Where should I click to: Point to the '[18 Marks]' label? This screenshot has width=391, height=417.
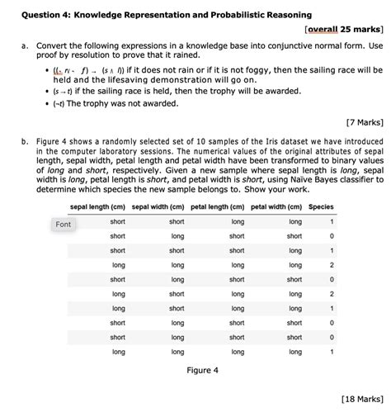click(360, 399)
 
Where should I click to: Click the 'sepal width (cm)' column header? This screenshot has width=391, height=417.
click(160, 207)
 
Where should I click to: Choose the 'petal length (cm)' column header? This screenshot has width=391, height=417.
click(219, 207)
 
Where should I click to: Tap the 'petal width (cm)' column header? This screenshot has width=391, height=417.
click(279, 207)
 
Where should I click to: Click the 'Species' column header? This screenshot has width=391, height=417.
click(321, 207)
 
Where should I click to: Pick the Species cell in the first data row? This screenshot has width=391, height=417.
click(332, 222)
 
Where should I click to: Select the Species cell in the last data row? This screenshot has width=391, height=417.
click(332, 352)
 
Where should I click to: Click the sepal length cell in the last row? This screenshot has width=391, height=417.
click(119, 352)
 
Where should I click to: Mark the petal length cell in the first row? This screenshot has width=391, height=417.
click(238, 222)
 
